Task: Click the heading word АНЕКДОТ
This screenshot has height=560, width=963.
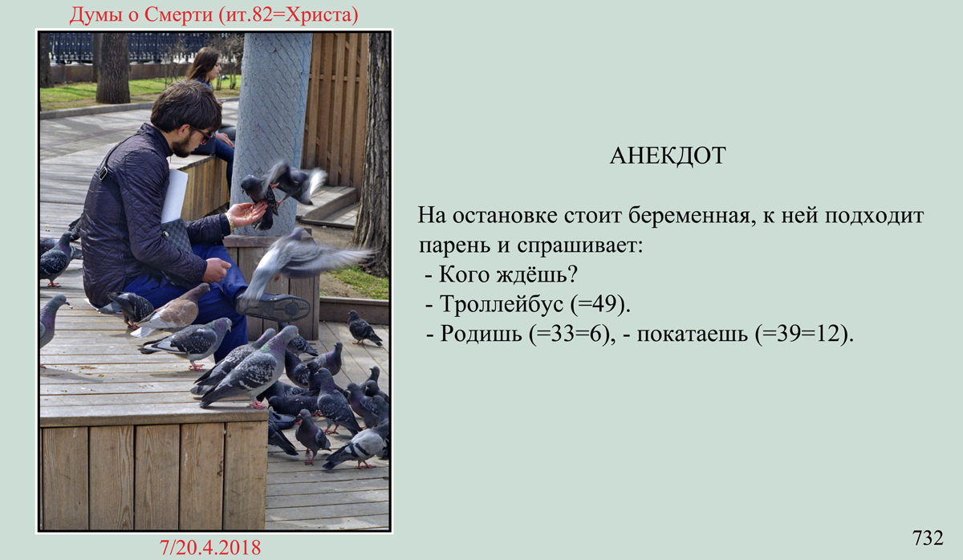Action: pyautogui.click(x=668, y=156)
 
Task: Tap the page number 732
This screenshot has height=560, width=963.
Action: pyautogui.click(x=928, y=538)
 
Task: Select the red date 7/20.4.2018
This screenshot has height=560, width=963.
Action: pyautogui.click(x=210, y=547)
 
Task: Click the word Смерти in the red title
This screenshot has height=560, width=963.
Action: pyautogui.click(x=178, y=15)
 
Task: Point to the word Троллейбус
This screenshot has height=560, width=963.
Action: pyautogui.click(x=502, y=305)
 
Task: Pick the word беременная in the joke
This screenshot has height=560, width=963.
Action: pyautogui.click(x=690, y=216)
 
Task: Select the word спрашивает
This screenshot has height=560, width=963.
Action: pyautogui.click(x=580, y=246)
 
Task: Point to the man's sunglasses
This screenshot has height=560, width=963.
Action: pyautogui.click(x=204, y=135)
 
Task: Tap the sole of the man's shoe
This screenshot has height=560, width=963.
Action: pyautogui.click(x=275, y=307)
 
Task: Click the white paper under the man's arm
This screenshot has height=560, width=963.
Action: pyautogui.click(x=175, y=196)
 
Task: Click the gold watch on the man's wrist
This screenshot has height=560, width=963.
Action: pyautogui.click(x=231, y=222)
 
